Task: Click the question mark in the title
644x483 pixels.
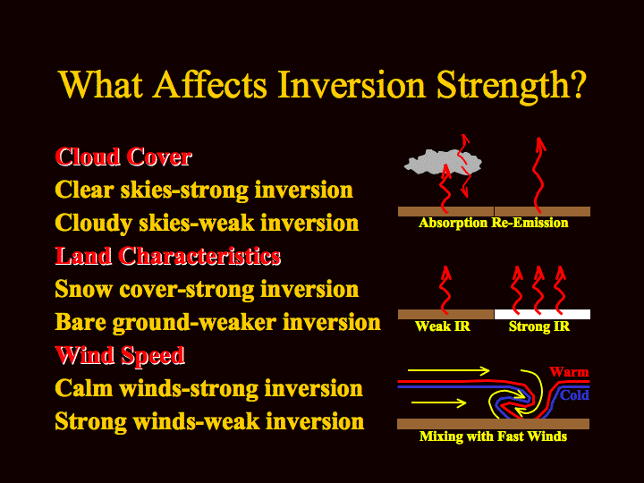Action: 577,84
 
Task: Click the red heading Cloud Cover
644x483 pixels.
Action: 123,157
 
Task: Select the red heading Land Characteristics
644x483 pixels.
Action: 168,256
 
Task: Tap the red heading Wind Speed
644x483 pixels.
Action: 120,355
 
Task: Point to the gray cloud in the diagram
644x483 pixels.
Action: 443,161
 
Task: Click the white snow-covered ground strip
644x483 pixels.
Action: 543,314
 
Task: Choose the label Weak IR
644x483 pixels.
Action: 443,326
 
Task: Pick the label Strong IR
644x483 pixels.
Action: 538,326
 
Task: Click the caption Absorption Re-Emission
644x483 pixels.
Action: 493,223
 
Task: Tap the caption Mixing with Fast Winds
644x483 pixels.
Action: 493,436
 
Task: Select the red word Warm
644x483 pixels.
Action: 569,372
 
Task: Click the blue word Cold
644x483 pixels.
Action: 574,395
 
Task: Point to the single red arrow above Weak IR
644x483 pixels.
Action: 445,290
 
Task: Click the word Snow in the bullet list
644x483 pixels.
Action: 83,289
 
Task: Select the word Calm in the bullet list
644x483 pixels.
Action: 84,387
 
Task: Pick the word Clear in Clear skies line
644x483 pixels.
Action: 84,190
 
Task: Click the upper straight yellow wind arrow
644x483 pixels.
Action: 448,370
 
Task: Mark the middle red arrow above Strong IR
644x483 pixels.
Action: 538,290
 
